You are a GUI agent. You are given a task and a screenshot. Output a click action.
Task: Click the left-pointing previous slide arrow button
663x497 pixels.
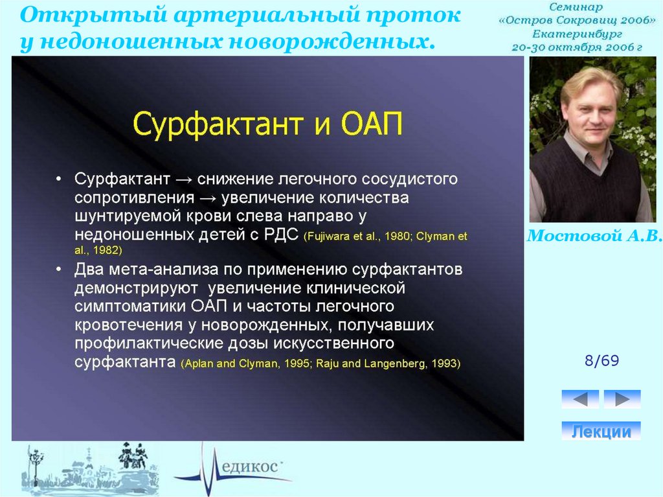580,399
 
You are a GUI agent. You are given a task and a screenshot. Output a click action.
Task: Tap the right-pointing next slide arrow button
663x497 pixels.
622,399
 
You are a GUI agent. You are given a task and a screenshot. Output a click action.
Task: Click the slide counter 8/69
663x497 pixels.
601,361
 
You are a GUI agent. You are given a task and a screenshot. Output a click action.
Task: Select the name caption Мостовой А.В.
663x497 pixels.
594,235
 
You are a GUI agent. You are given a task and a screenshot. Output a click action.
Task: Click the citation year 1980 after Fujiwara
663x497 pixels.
398,237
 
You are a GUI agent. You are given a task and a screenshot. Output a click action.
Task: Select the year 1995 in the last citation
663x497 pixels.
297,364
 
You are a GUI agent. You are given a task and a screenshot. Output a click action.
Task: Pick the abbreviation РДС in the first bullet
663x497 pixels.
281,234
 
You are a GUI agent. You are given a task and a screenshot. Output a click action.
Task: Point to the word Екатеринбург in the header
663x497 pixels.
577,34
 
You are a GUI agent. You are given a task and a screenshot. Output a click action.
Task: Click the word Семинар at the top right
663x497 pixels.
576,6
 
